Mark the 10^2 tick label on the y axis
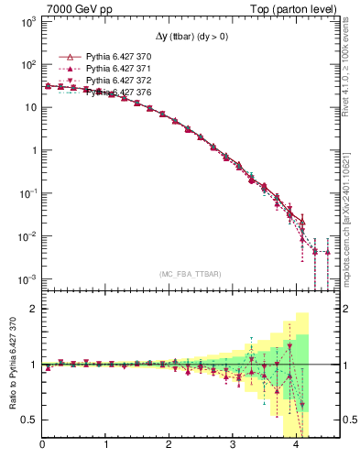tap(27, 64)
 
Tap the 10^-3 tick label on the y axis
tap(27, 278)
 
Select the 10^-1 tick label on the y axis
tap(27, 193)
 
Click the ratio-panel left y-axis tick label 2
tap(34, 309)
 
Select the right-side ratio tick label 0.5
tap(350, 420)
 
